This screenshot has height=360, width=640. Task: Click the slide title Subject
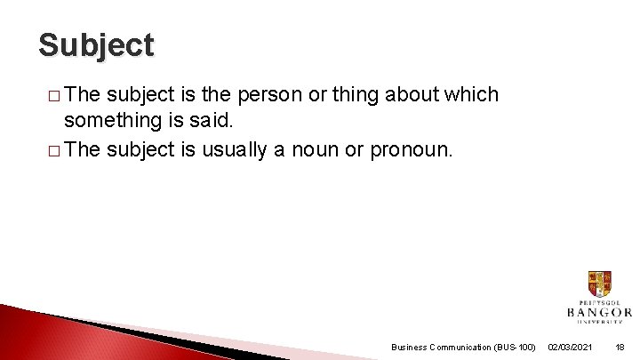point(96,44)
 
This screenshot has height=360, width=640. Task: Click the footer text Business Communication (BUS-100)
point(463,347)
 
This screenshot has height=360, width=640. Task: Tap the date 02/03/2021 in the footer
point(571,347)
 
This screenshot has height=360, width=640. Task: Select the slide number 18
point(620,347)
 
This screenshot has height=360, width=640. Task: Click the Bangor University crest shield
point(599,284)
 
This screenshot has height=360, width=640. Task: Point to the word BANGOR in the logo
point(599,312)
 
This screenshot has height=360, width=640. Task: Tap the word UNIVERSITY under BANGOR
point(599,324)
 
